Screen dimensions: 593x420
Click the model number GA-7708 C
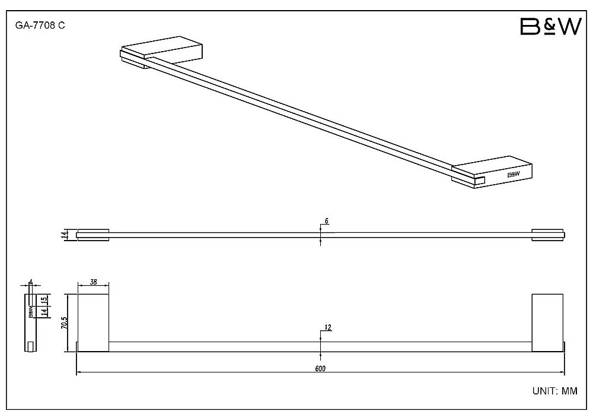40,26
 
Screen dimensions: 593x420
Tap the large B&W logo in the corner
551,27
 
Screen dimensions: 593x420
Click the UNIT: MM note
555,391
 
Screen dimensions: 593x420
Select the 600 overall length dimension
320,368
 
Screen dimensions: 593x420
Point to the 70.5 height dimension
64,323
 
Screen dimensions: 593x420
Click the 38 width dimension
94,282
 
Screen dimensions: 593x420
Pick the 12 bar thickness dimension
328,327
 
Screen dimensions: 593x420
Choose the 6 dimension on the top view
326,221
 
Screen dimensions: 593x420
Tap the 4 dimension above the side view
31,282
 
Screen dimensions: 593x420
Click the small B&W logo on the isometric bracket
513,174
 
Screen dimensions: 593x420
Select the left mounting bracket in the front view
93,323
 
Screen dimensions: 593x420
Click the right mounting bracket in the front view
547,323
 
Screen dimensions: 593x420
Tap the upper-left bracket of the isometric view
162,52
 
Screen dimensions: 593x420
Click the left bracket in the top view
93,235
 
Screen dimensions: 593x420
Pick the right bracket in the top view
547,235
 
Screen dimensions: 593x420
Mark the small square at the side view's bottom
31,346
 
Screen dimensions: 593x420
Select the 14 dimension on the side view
44,312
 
